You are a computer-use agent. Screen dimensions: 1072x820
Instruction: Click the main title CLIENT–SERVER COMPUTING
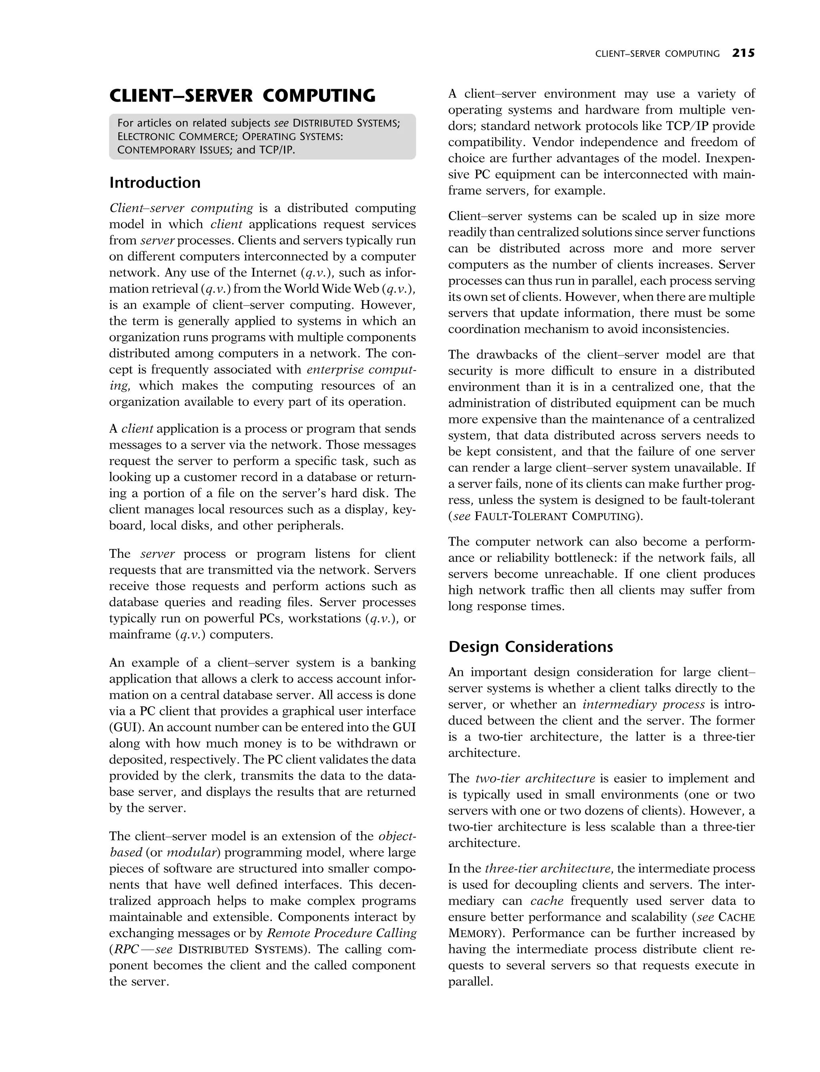242,96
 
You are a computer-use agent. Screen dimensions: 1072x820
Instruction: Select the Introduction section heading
155,182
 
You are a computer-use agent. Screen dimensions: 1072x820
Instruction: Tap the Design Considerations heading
531,647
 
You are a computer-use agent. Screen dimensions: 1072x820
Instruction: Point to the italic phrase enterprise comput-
361,370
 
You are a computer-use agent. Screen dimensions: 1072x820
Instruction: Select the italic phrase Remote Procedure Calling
341,933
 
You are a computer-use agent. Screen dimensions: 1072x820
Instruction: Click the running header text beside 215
657,54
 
